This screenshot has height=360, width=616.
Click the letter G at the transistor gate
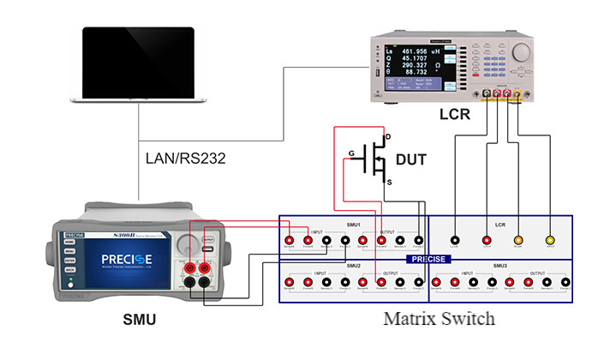click(x=350, y=155)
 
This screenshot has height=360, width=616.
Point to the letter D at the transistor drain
click(x=387, y=136)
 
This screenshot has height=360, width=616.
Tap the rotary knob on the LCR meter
click(x=523, y=51)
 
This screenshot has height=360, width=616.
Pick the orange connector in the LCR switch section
click(x=517, y=242)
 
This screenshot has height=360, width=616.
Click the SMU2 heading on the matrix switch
click(x=354, y=266)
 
